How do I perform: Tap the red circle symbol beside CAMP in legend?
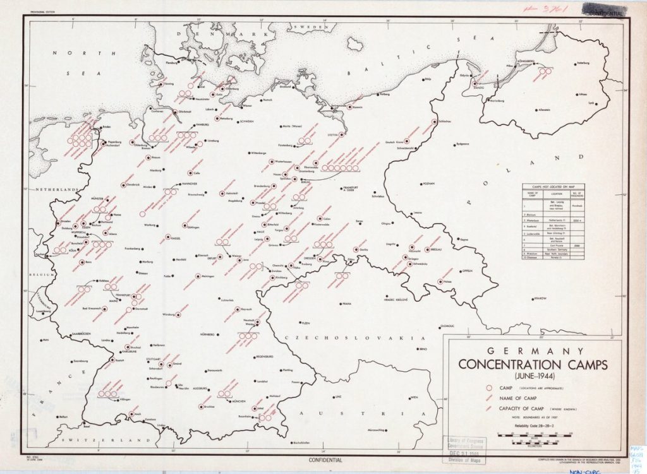coord(488,387)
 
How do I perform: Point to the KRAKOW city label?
coord(538,297)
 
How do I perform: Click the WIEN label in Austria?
coord(414,398)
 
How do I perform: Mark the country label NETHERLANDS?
coord(54,189)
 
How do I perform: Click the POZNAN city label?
coord(430,184)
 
